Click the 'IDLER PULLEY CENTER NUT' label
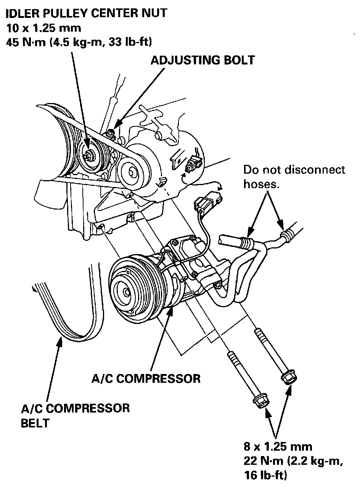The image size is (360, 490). point(87,13)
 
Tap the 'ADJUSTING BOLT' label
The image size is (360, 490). point(202,60)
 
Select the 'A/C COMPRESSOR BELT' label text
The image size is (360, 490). point(75,416)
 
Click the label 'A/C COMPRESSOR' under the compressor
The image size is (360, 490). point(146,378)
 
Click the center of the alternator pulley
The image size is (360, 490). point(132,172)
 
